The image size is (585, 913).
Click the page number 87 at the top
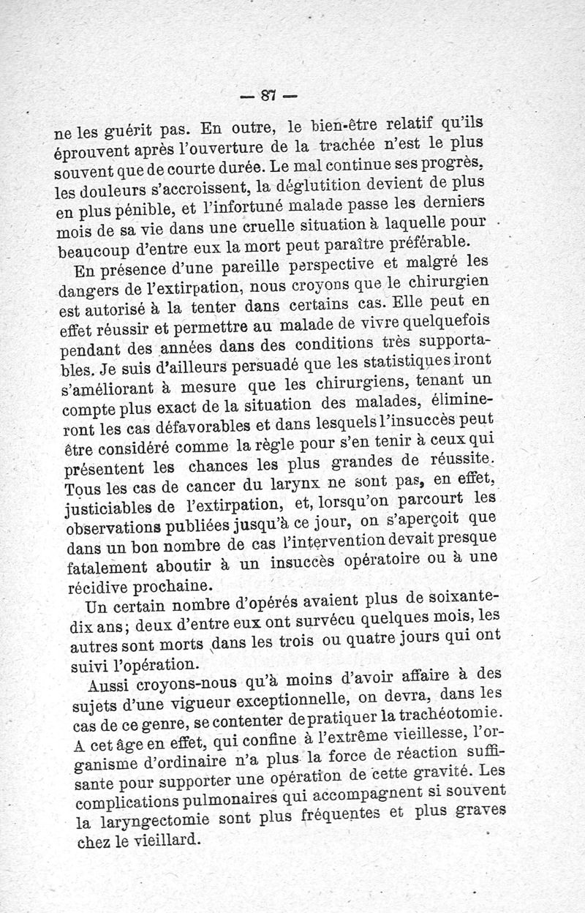(x=268, y=94)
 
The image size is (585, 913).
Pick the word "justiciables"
(x=109, y=509)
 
